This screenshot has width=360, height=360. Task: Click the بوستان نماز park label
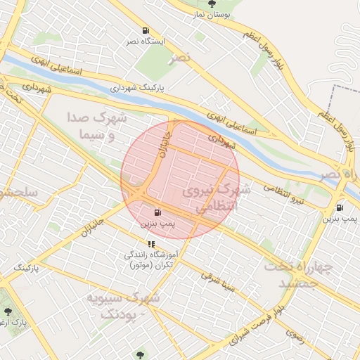212,14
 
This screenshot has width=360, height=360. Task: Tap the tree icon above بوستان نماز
212,4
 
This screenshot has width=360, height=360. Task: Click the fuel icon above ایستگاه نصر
146,30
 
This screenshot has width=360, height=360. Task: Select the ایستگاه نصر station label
146,41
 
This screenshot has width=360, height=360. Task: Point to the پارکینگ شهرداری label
137,89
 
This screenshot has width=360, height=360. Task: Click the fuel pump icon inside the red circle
156,212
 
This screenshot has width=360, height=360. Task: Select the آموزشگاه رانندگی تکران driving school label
151,259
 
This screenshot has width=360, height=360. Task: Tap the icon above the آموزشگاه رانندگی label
151,244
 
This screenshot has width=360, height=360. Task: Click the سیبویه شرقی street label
219,281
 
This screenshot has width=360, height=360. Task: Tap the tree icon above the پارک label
8,309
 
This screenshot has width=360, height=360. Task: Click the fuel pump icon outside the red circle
340,207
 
